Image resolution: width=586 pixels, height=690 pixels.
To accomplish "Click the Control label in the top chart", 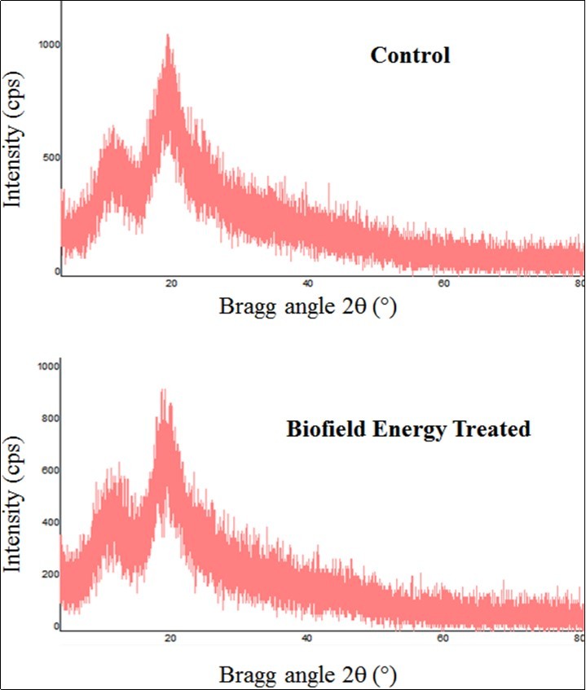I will (410, 55).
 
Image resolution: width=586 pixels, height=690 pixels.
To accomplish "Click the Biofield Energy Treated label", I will (408, 429).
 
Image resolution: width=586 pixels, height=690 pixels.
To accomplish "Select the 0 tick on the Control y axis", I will (57, 271).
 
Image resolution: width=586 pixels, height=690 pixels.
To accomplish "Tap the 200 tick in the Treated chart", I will (51, 574).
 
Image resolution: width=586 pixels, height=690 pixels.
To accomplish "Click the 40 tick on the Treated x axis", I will (307, 638).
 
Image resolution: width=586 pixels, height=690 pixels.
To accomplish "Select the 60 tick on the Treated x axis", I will (444, 638).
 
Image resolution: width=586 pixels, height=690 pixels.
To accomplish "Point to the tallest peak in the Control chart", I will (168, 36).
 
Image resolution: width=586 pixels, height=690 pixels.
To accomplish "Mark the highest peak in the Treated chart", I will (162, 390).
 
